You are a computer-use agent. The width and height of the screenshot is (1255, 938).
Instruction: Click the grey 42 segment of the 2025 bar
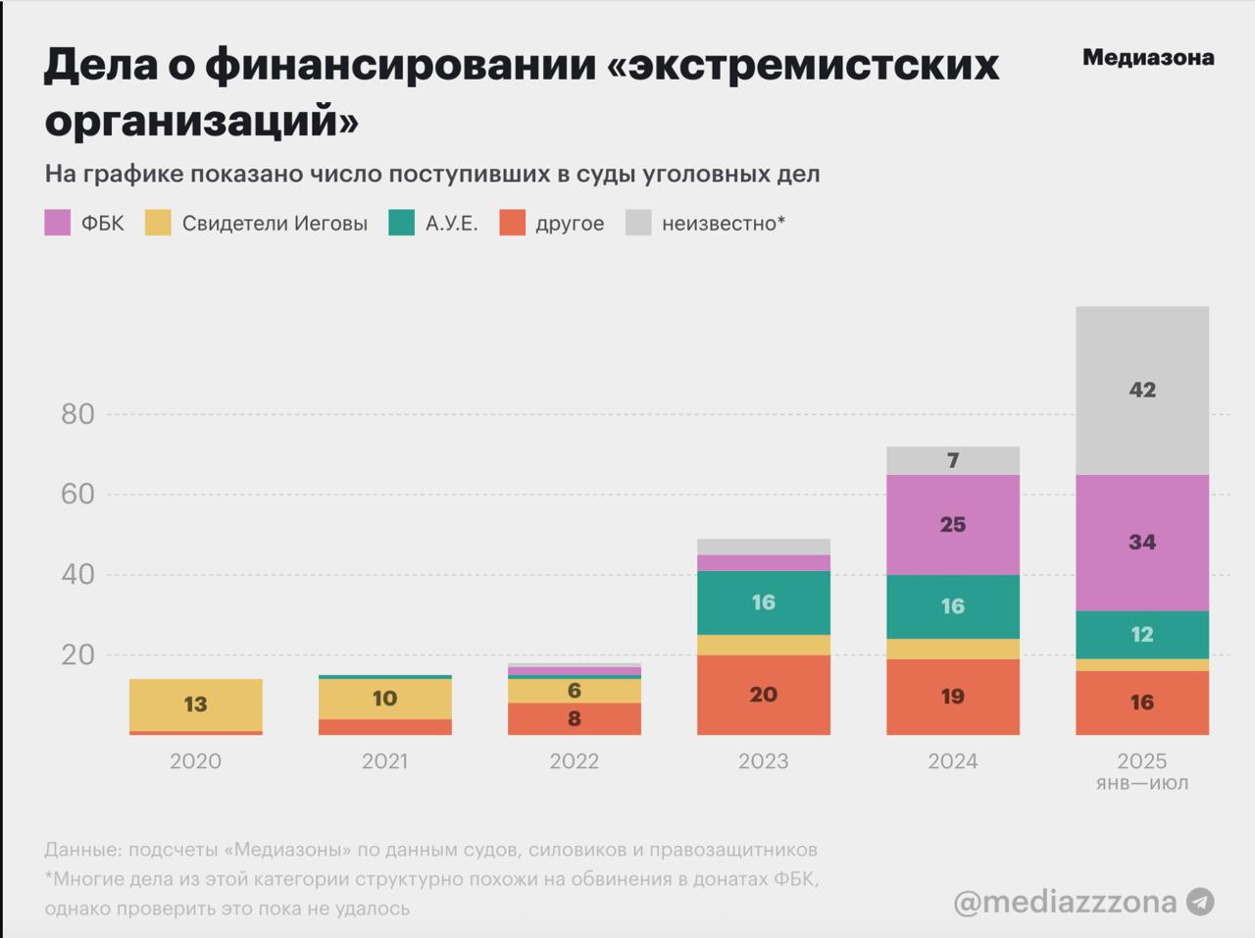1142,391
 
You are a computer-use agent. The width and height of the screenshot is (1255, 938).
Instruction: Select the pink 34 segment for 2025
1142,543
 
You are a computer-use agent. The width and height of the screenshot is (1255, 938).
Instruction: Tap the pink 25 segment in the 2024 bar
953,525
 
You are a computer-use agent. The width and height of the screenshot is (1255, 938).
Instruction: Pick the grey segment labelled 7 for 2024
953,460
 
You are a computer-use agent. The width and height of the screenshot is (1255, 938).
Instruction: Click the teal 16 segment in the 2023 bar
764,602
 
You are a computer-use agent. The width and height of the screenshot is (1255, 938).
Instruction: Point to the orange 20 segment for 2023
764,695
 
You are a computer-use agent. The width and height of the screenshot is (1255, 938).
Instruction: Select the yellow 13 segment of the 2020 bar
196,704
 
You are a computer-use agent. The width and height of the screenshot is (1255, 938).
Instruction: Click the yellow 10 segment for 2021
385,699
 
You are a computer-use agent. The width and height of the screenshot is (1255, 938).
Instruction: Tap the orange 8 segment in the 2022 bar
575,718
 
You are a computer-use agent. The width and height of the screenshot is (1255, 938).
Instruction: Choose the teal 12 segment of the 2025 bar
1142,635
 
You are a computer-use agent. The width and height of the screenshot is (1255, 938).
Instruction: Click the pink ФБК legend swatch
58,223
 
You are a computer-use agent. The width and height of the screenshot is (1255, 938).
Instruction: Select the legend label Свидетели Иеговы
275,224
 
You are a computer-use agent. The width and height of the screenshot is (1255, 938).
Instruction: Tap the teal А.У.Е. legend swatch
402,223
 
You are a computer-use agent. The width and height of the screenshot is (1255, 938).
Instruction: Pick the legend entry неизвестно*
724,224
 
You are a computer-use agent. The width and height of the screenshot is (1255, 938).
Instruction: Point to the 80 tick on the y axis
77,414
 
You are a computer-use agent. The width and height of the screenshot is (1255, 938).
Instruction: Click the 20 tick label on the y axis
77,654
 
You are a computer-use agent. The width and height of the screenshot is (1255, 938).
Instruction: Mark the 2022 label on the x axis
575,761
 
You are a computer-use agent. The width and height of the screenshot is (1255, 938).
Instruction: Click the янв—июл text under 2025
1142,784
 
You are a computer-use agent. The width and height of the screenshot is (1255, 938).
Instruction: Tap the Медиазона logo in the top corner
1148,58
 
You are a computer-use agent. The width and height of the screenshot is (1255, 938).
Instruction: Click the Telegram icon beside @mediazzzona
1200,902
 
